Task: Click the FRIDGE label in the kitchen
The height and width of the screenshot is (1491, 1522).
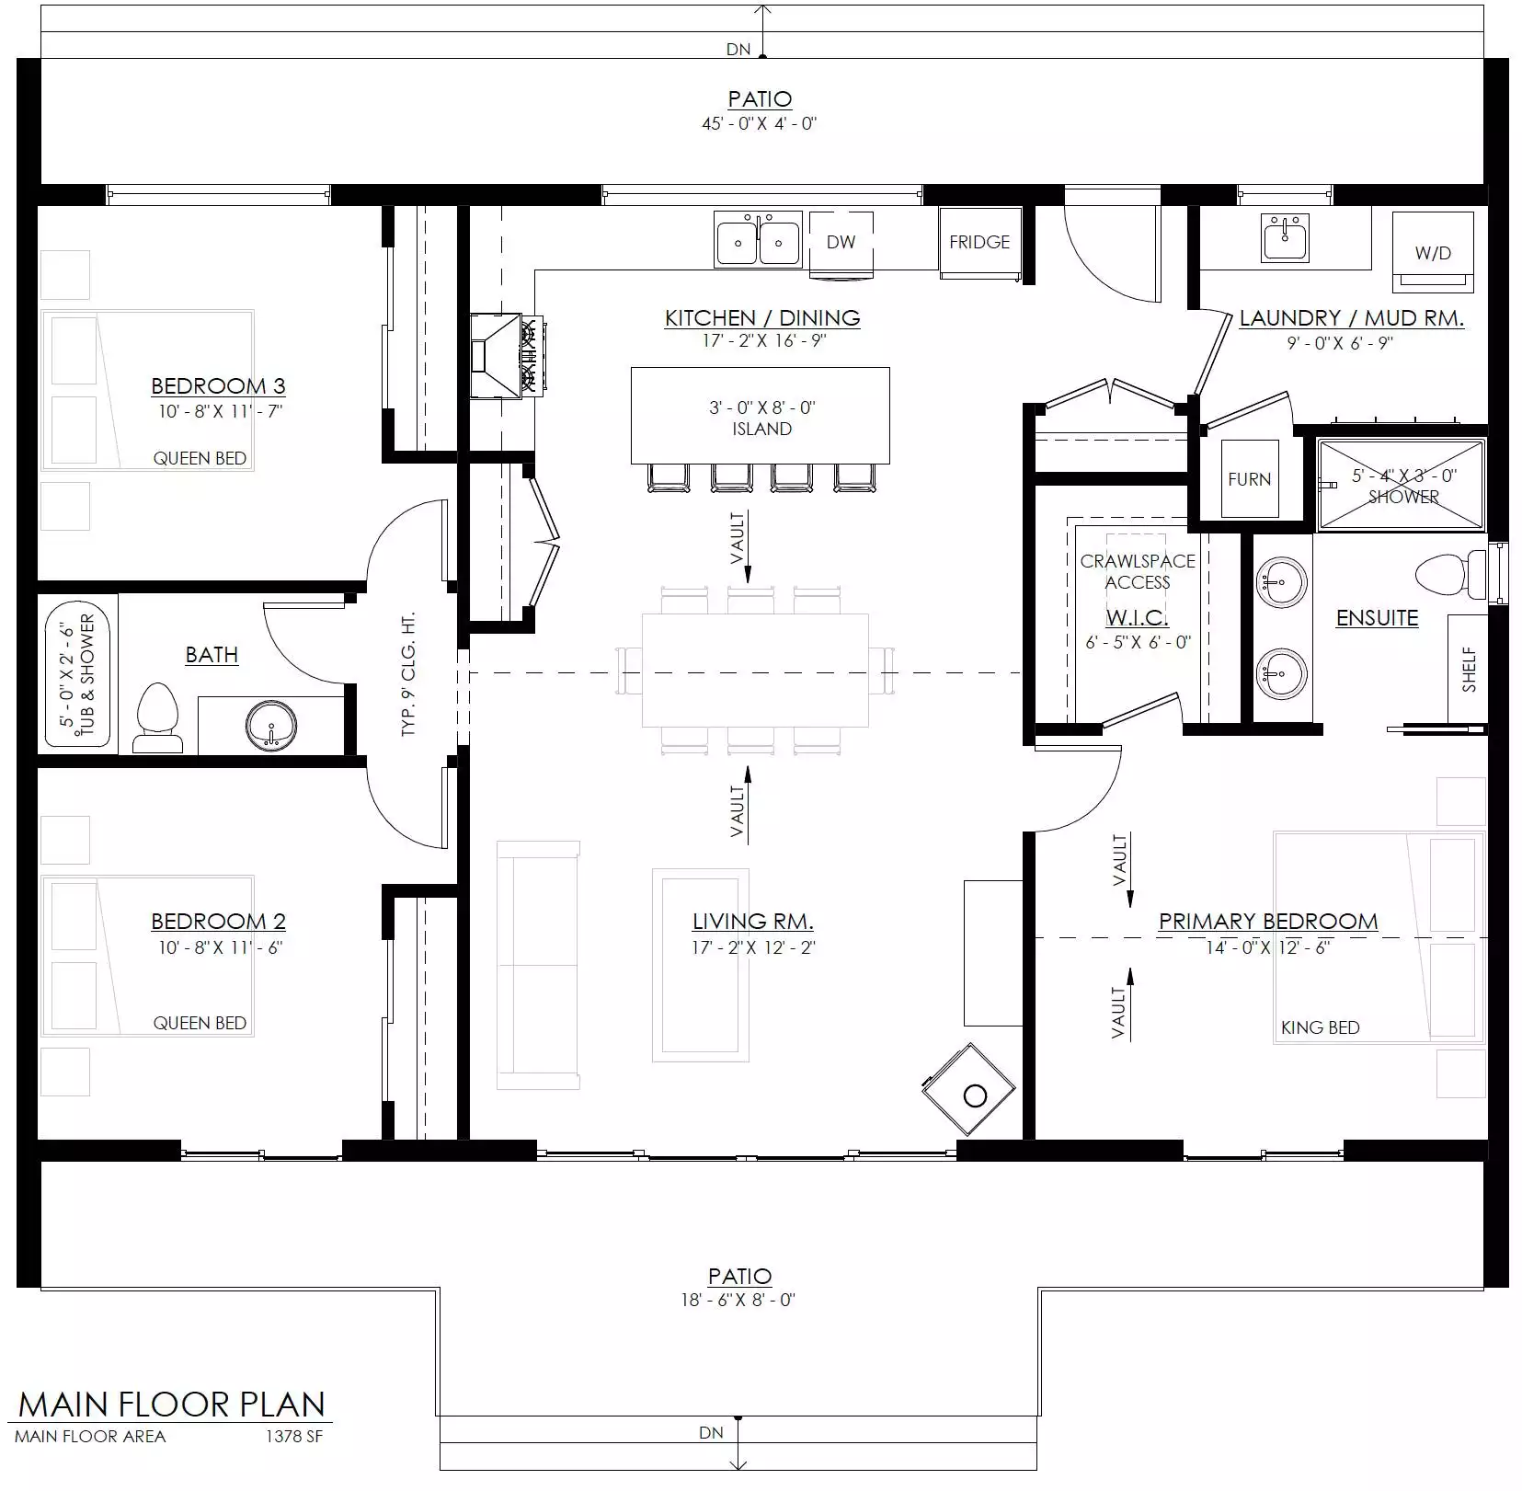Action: pos(979,242)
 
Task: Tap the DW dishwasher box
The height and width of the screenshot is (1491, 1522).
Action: pos(841,244)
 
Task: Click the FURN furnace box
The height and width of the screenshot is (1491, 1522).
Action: pos(1249,478)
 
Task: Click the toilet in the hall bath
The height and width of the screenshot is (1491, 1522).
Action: pos(154,717)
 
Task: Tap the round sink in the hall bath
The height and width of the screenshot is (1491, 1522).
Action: pos(271,726)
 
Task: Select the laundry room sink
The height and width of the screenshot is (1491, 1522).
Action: pos(1285,238)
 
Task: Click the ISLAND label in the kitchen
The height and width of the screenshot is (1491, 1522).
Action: pos(761,429)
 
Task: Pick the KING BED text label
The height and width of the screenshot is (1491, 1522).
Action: pos(1320,1027)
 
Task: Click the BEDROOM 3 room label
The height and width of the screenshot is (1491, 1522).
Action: pos(218,385)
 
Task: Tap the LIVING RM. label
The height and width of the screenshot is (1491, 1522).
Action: pos(752,921)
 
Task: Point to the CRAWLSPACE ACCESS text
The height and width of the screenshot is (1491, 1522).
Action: pos(1138,571)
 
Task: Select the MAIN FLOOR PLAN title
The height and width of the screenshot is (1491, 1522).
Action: pos(172,1405)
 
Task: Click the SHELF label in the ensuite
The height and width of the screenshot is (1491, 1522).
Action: pos(1469,669)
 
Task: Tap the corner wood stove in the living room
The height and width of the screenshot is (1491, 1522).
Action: pos(969,1090)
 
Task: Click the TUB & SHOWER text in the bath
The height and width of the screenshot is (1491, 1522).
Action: pos(87,677)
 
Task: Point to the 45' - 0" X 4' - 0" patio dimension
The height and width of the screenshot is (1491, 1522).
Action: pos(760,123)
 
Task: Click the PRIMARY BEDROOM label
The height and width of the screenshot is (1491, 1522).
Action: pos(1268,921)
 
